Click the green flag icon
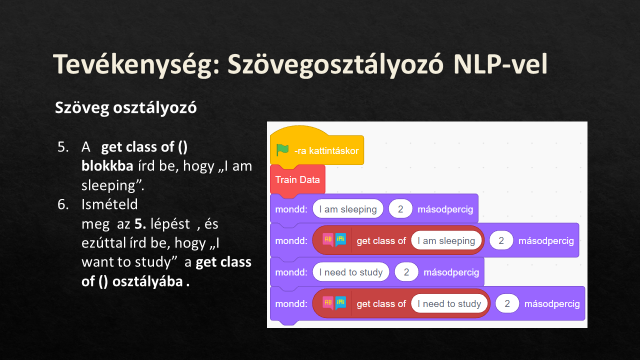click(282, 150)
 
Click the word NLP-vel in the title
click(500, 64)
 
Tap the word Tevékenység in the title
click(136, 65)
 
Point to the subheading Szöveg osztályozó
click(125, 108)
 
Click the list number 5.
click(63, 147)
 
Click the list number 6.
click(63, 204)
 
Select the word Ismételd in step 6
click(109, 204)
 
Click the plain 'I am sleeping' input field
click(347, 209)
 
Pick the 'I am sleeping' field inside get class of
click(446, 241)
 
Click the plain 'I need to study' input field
click(351, 272)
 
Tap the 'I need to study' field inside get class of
click(449, 303)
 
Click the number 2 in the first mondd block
click(400, 209)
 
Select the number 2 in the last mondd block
click(507, 303)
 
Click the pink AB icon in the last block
click(328, 303)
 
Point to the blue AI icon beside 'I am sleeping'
click(340, 240)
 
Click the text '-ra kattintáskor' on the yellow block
click(326, 151)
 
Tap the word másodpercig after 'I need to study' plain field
click(451, 272)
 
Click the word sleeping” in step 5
click(113, 185)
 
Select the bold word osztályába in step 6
click(147, 282)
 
